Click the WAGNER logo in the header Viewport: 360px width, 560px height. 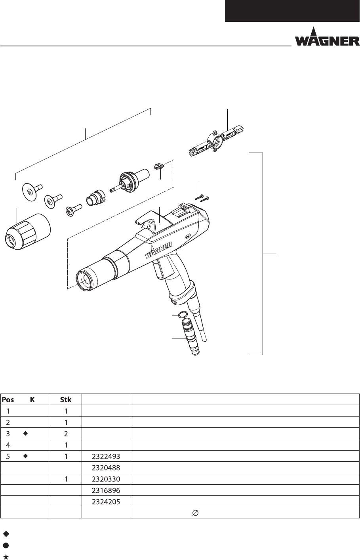[327, 37]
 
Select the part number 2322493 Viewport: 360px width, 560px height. [106, 456]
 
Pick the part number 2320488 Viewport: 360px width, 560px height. [106, 468]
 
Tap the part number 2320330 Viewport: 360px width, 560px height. [106, 479]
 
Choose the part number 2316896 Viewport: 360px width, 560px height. [106, 490]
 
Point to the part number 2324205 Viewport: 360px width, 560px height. [106, 501]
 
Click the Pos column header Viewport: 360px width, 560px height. [8, 400]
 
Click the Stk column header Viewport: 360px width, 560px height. [66, 400]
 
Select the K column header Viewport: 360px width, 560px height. [32, 400]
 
